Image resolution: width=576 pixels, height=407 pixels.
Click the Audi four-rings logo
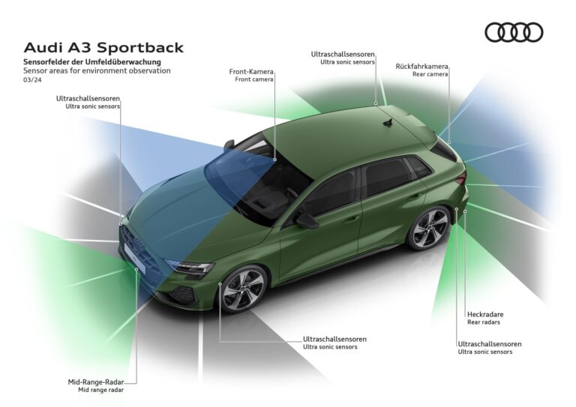(514, 32)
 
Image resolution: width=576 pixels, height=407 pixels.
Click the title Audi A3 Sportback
(103, 48)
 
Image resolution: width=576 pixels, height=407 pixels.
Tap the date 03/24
(33, 80)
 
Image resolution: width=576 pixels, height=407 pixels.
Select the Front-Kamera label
(251, 72)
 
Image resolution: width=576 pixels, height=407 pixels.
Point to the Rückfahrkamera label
(422, 66)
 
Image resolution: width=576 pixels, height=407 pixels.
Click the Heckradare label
(485, 315)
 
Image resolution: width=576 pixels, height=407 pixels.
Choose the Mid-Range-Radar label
(96, 382)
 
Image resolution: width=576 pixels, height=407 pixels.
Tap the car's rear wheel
(429, 228)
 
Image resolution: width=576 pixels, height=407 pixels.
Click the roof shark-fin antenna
(388, 122)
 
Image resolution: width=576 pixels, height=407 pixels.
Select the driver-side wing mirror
(307, 220)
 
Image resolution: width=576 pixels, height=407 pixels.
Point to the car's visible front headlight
(189, 266)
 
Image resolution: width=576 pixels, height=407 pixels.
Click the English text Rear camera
(430, 75)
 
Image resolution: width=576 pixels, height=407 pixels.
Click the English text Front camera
(254, 79)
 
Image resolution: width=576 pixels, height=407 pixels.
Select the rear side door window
(387, 176)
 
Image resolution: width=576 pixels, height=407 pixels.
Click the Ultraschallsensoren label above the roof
(343, 54)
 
